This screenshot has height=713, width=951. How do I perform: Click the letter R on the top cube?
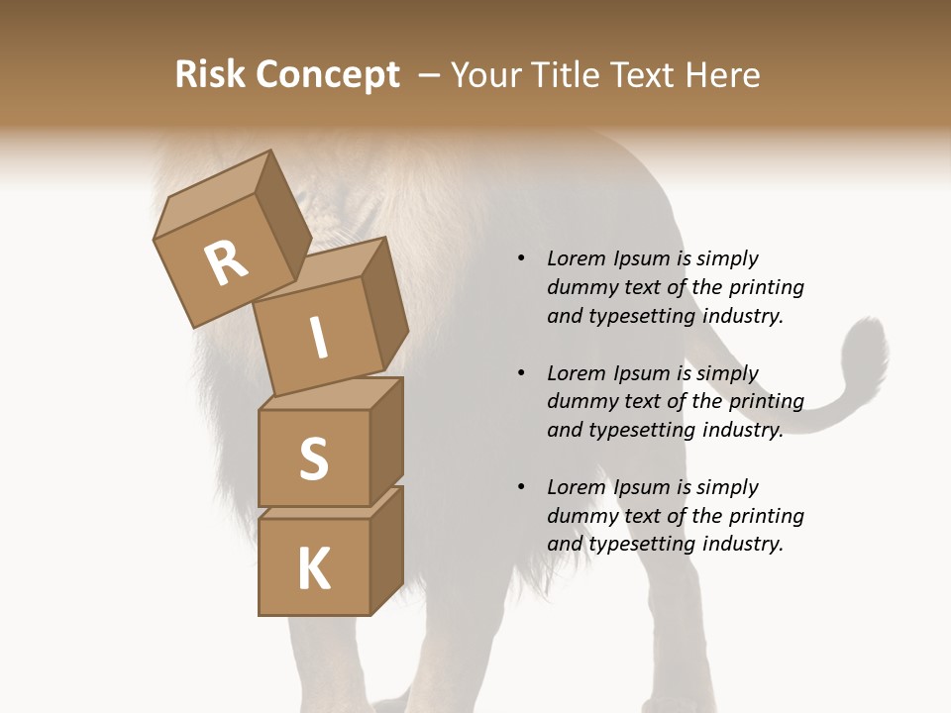pyautogui.click(x=226, y=262)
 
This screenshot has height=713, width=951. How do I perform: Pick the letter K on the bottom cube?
pyautogui.click(x=313, y=569)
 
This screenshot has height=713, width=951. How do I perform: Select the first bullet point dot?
pyautogui.click(x=521, y=258)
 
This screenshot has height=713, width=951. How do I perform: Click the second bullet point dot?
pyautogui.click(x=521, y=373)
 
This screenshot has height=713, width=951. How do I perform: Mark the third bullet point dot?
pyautogui.click(x=521, y=487)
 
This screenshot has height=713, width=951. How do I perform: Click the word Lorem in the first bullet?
pyautogui.click(x=577, y=258)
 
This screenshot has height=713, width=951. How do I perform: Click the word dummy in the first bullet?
pyautogui.click(x=580, y=287)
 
